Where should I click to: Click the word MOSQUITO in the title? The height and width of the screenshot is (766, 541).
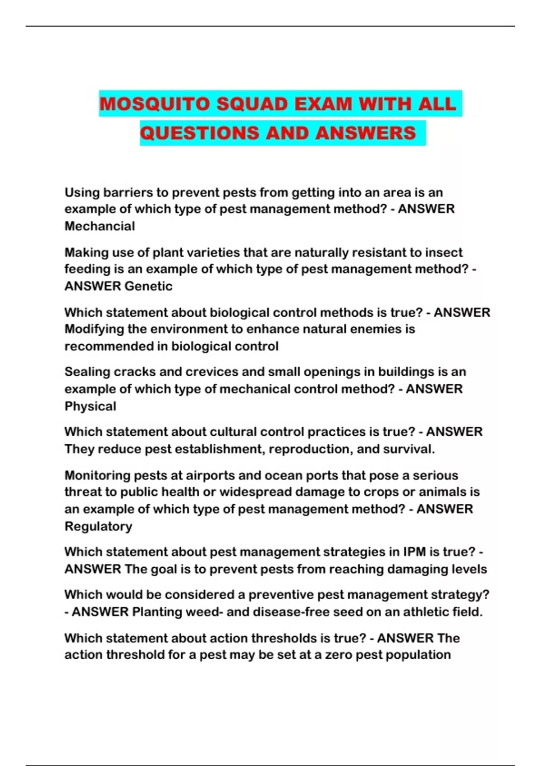pyautogui.click(x=155, y=104)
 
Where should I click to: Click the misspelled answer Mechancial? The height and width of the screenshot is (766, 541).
pyautogui.click(x=100, y=226)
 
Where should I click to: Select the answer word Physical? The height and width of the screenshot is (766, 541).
pyautogui.click(x=90, y=406)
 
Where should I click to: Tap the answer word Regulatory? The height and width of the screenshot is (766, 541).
pyautogui.click(x=98, y=526)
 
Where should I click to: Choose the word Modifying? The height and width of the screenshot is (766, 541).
pyautogui.click(x=94, y=329)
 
